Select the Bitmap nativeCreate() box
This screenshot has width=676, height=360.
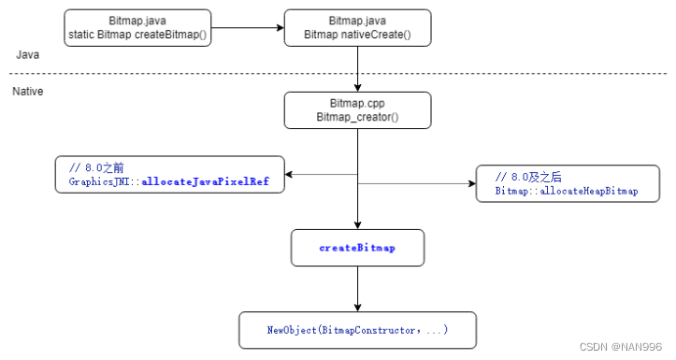357,28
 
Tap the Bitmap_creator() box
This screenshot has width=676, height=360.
357,109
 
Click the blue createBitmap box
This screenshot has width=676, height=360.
357,248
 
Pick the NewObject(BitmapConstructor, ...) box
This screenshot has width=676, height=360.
357,330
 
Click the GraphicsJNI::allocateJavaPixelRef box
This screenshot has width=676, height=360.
169,175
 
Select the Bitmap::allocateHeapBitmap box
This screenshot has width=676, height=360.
568,183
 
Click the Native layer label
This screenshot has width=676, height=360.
29,92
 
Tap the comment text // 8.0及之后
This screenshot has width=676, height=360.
528,177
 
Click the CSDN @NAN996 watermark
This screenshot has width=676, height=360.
621,346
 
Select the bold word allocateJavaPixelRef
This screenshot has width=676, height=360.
205,182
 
